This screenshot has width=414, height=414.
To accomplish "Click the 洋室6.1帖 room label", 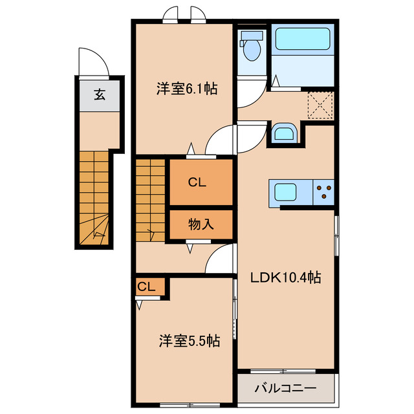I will pos(186,90).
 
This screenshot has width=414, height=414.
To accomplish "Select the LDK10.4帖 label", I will pos(286,278).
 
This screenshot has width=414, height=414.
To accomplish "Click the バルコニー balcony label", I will pos(285,389).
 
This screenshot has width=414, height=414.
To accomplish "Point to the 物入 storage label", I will pos(201,224).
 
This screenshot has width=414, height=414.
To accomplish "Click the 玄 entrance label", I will pos(100,95).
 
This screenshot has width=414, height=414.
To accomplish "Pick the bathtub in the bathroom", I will pos(302,39).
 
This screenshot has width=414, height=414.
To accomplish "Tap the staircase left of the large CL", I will pos(151,201).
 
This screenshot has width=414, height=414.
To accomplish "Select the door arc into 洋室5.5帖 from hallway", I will pos(220,262).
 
